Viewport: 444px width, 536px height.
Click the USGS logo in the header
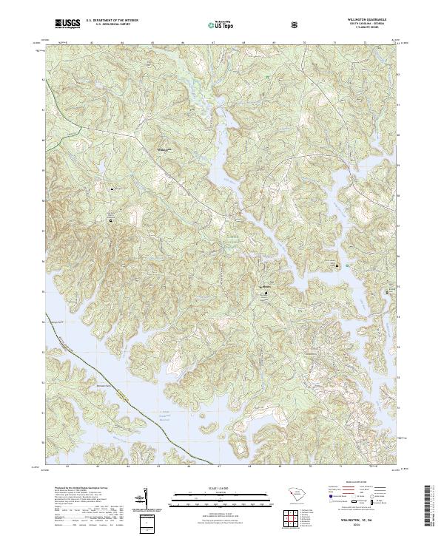pyautogui.click(x=67, y=24)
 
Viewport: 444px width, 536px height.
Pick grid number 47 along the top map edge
pyautogui.click(x=213, y=44)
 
